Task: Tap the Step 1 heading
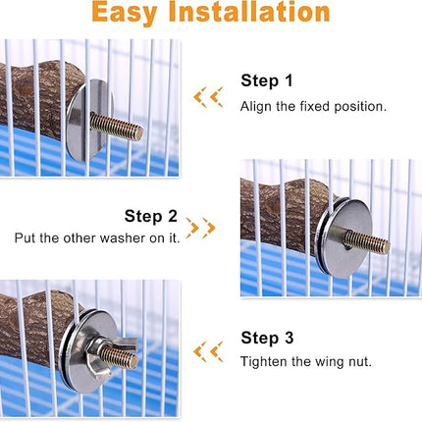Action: point(267,81)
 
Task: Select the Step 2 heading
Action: point(150,216)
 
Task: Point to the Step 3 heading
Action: point(267,339)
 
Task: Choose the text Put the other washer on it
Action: point(96,238)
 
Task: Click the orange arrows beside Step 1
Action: point(207,96)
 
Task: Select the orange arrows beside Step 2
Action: point(200,228)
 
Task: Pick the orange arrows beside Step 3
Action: point(207,350)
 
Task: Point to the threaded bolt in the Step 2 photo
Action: point(365,240)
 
